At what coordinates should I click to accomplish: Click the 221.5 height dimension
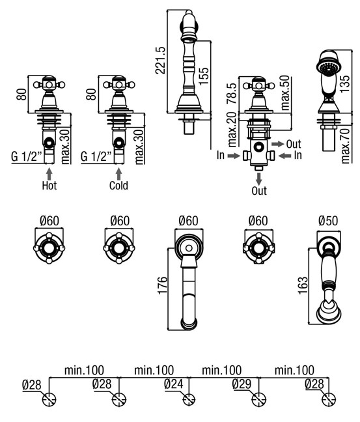[160, 61]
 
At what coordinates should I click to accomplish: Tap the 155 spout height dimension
[204, 76]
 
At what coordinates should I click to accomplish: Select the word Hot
[49, 186]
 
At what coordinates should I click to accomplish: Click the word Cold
[118, 186]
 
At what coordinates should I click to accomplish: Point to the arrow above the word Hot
[49, 174]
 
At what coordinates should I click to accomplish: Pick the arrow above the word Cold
[118, 174]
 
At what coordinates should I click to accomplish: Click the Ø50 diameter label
[328, 221]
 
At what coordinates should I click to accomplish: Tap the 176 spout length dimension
[163, 285]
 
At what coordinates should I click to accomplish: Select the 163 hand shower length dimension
[303, 285]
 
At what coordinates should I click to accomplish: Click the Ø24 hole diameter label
[174, 384]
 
